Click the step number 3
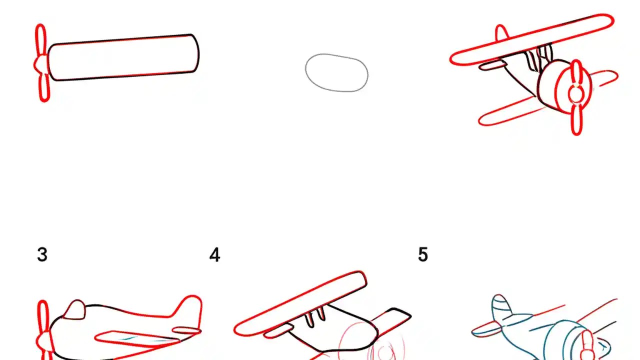click(x=42, y=255)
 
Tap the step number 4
click(x=214, y=255)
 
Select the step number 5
click(x=423, y=255)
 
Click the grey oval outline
click(x=336, y=72)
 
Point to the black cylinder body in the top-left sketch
click(x=122, y=57)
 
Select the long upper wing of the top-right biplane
click(x=532, y=40)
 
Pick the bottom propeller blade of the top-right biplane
click(x=576, y=120)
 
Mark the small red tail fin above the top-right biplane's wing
click(x=501, y=33)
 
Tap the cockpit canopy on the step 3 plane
click(x=75, y=310)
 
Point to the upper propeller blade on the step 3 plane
click(x=42, y=315)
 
